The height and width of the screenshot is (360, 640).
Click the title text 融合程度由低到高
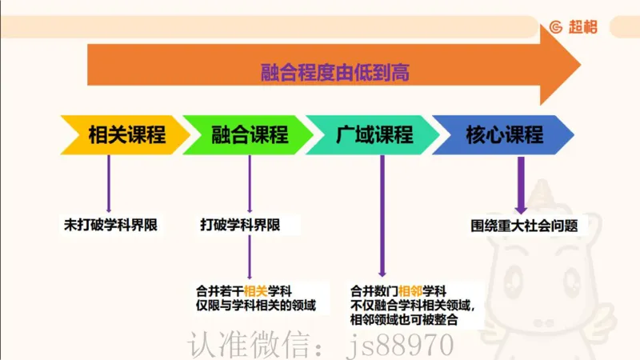[334, 72]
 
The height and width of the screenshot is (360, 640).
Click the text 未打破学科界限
[110, 226]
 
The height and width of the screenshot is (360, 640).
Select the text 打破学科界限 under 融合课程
[240, 226]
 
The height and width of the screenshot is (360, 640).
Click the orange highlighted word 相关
[255, 290]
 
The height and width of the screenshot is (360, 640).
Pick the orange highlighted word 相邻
[410, 290]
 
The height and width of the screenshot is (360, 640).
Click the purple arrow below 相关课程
[109, 184]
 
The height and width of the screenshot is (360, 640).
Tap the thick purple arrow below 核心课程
[521, 184]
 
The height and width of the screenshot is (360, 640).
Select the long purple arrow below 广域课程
[382, 216]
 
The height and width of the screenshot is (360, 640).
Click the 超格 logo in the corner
[573, 26]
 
